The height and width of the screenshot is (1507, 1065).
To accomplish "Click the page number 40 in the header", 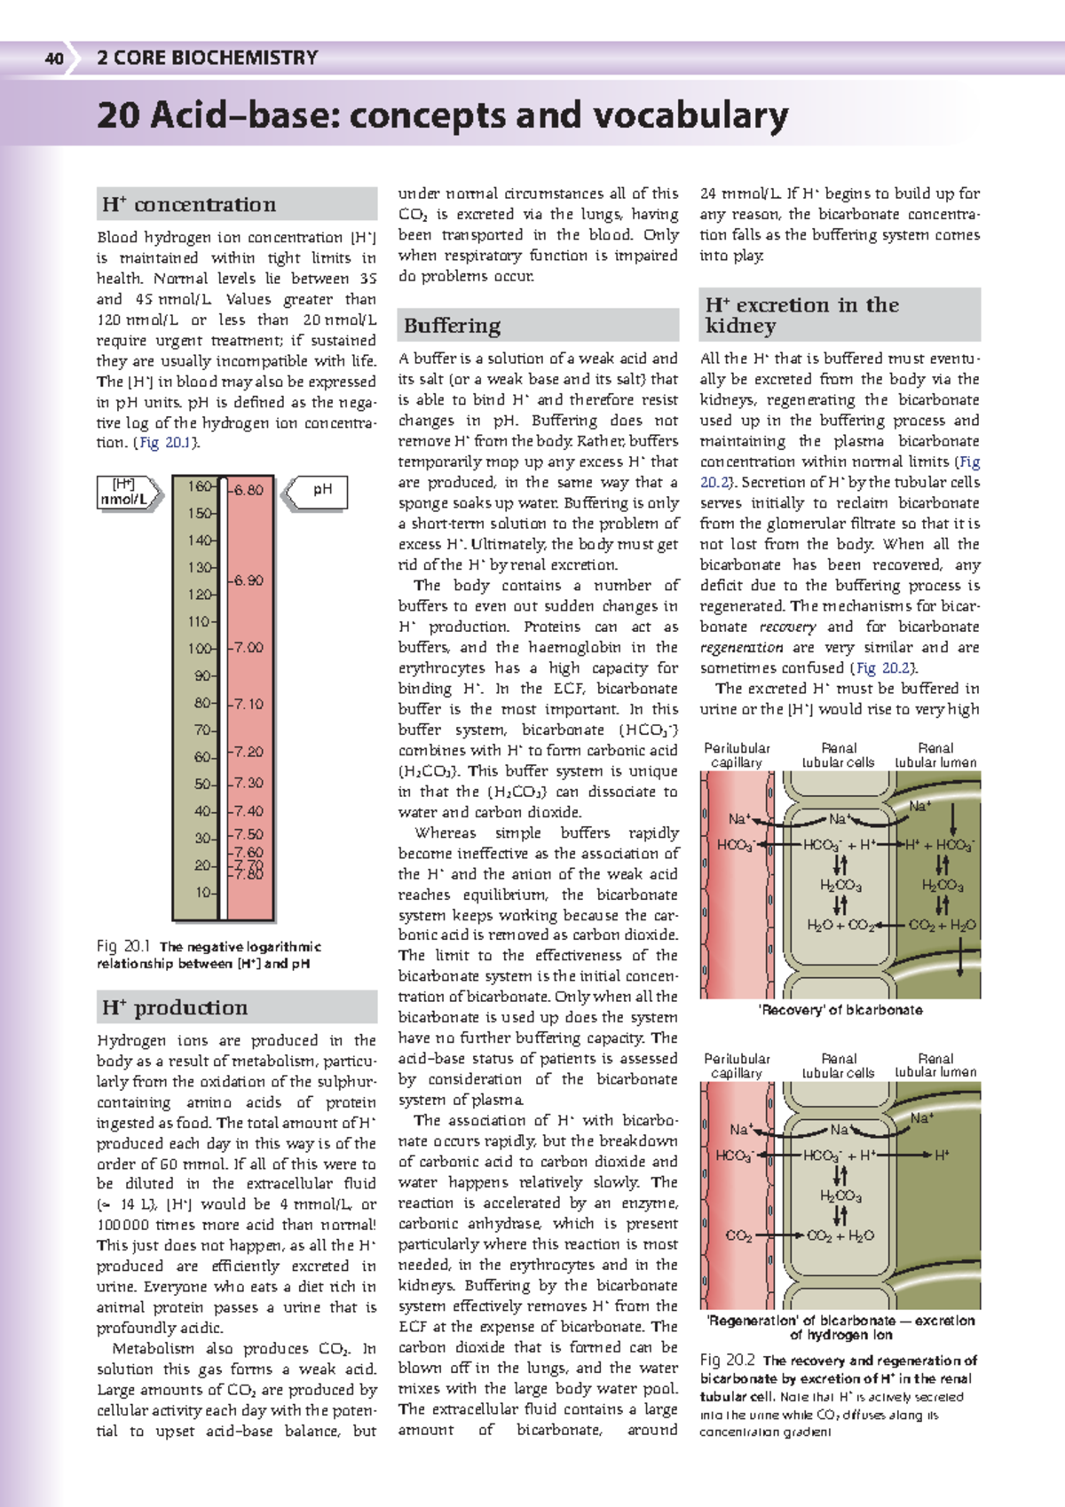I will point(54,59).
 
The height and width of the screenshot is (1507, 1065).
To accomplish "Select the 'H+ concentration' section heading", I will point(189,205).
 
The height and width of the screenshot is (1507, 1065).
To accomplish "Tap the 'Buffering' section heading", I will point(453,326).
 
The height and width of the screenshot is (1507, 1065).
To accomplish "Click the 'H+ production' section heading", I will point(175,1008).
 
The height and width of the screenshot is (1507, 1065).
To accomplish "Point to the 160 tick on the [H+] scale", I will point(200,486).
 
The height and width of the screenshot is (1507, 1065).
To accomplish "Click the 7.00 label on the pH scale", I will point(249,648).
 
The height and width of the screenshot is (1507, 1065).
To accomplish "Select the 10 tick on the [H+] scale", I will point(204,892).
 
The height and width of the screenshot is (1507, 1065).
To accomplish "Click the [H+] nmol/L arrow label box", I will point(125,493).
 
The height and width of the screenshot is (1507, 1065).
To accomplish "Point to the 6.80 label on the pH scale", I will point(248,490).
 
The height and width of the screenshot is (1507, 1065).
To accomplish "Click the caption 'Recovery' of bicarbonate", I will point(840,1010).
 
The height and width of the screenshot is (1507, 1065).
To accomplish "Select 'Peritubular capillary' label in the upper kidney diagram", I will point(737,755).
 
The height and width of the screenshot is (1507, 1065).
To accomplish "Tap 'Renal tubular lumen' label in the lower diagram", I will point(935,1065).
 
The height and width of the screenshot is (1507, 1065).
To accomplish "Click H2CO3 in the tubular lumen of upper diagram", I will point(942,885).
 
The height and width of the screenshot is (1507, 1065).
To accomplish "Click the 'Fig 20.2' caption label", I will point(727,1360).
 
